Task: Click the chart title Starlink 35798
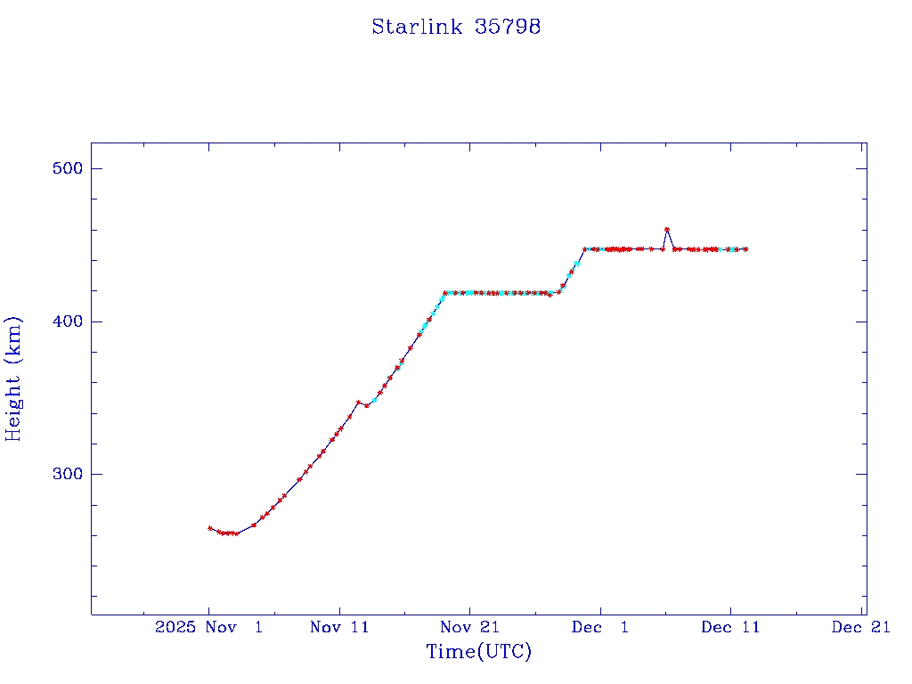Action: click(x=456, y=27)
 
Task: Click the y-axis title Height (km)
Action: click(x=13, y=379)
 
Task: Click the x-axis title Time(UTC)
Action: click(x=479, y=652)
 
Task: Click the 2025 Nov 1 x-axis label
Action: click(x=208, y=627)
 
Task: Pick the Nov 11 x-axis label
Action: click(x=339, y=627)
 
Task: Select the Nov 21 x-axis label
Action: click(x=469, y=627)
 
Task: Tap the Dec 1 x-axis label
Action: click(x=600, y=627)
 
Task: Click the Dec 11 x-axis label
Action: click(x=730, y=627)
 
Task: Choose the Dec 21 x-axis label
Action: click(x=861, y=627)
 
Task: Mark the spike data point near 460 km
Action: click(x=667, y=230)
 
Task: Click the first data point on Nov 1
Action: click(x=210, y=528)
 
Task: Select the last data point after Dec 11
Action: click(x=745, y=249)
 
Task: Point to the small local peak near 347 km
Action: click(x=358, y=403)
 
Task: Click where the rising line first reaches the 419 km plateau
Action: click(x=445, y=292)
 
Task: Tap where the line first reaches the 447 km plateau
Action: click(x=585, y=249)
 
